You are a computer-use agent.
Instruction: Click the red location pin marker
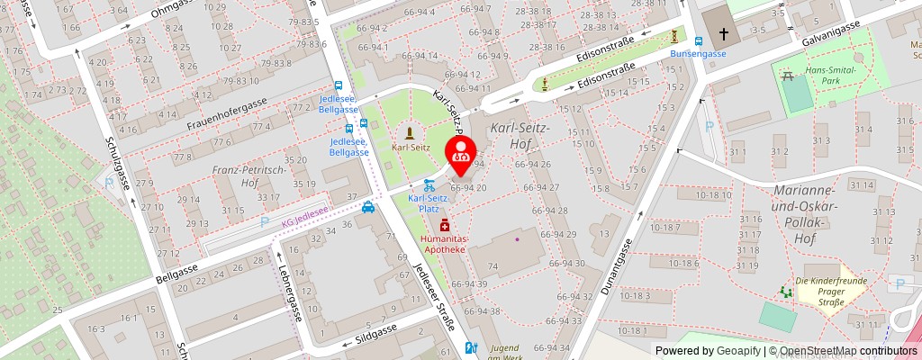tap(461, 154)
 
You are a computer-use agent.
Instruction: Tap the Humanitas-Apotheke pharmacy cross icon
tap(443, 225)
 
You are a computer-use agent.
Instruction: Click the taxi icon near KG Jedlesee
tap(368, 209)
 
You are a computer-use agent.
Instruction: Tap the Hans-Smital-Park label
tap(828, 75)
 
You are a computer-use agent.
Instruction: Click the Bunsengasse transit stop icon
tap(698, 40)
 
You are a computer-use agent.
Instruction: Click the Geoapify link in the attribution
tap(737, 351)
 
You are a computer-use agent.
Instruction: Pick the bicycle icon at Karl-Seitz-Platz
tap(428, 184)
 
